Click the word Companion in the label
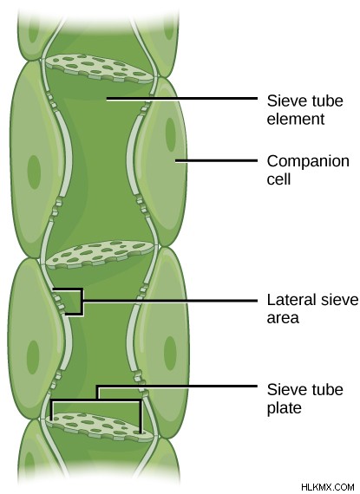(308, 161)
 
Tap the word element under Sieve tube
(296, 120)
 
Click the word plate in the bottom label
(284, 408)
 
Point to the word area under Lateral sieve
(283, 318)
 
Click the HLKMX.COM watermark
(328, 487)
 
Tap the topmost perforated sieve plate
(99, 68)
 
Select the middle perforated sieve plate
(101, 254)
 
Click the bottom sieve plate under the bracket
(99, 427)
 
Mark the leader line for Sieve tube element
(182, 99)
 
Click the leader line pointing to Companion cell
(216, 160)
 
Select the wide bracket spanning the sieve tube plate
(96, 400)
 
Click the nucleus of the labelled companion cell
(170, 134)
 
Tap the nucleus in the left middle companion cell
(34, 172)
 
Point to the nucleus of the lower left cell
(33, 357)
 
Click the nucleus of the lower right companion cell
(170, 353)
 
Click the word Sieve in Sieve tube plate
(283, 390)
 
